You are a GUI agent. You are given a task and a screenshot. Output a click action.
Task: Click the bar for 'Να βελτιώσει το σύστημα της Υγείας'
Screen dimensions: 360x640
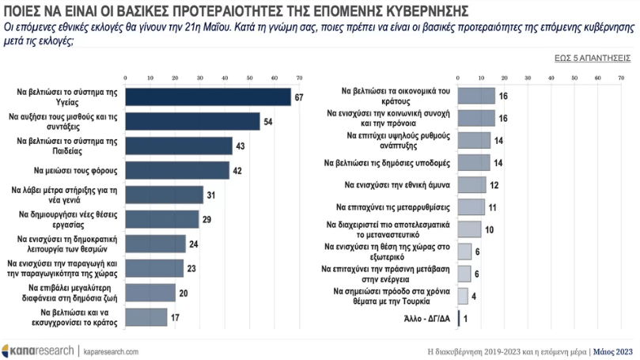pyautogui.click(x=207, y=97)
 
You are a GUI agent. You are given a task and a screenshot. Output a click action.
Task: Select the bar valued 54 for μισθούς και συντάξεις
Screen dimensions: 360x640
pyautogui.click(x=191, y=121)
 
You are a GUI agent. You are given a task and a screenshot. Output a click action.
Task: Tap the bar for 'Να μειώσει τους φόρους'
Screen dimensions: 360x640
pyautogui.click(x=176, y=170)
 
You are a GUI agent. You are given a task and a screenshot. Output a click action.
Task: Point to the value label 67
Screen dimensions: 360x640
pyautogui.click(x=299, y=97)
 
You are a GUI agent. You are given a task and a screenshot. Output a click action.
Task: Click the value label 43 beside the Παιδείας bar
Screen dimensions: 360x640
pyautogui.click(x=239, y=146)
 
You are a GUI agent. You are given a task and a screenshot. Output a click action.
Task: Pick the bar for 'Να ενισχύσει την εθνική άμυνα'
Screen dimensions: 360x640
pyautogui.click(x=471, y=184)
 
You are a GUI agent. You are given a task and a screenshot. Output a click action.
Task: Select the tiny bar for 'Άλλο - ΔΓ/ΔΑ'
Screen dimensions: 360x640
pyautogui.click(x=459, y=319)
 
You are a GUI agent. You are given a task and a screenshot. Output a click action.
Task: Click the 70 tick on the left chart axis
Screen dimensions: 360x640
pyautogui.click(x=299, y=78)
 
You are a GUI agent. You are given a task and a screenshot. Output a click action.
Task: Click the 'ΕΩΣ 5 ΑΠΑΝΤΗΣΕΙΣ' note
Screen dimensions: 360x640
pyautogui.click(x=592, y=58)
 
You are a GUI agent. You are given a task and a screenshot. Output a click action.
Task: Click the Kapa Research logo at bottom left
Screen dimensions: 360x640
pyautogui.click(x=36, y=349)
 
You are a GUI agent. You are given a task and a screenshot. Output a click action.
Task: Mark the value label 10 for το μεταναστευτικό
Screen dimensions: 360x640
pyautogui.click(x=489, y=229)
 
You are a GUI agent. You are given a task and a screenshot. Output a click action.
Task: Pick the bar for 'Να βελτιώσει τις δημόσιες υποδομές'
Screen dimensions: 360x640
pyautogui.click(x=474, y=162)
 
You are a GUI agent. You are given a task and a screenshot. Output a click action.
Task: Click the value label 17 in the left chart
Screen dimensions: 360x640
pyautogui.click(x=176, y=317)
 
